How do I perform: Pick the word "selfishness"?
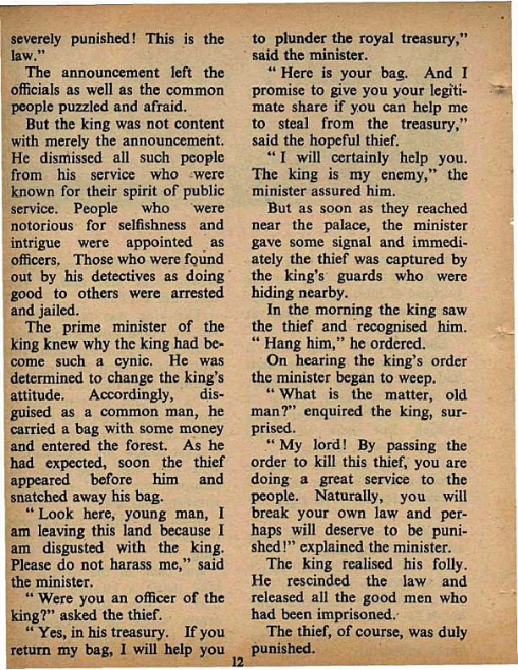tap(147, 227)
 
